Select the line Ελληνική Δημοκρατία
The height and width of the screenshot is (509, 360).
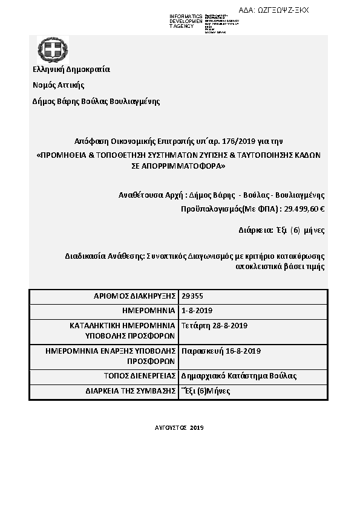[x=71, y=69]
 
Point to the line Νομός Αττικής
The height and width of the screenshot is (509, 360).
[x=58, y=85]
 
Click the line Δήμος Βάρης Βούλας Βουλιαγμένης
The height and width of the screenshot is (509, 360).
[x=96, y=101]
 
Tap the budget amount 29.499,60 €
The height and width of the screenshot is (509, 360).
[x=304, y=209]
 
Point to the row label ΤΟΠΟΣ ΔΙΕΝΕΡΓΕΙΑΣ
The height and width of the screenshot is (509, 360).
[x=140, y=375]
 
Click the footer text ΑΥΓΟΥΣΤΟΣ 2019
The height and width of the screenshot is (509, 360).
[x=180, y=427]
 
